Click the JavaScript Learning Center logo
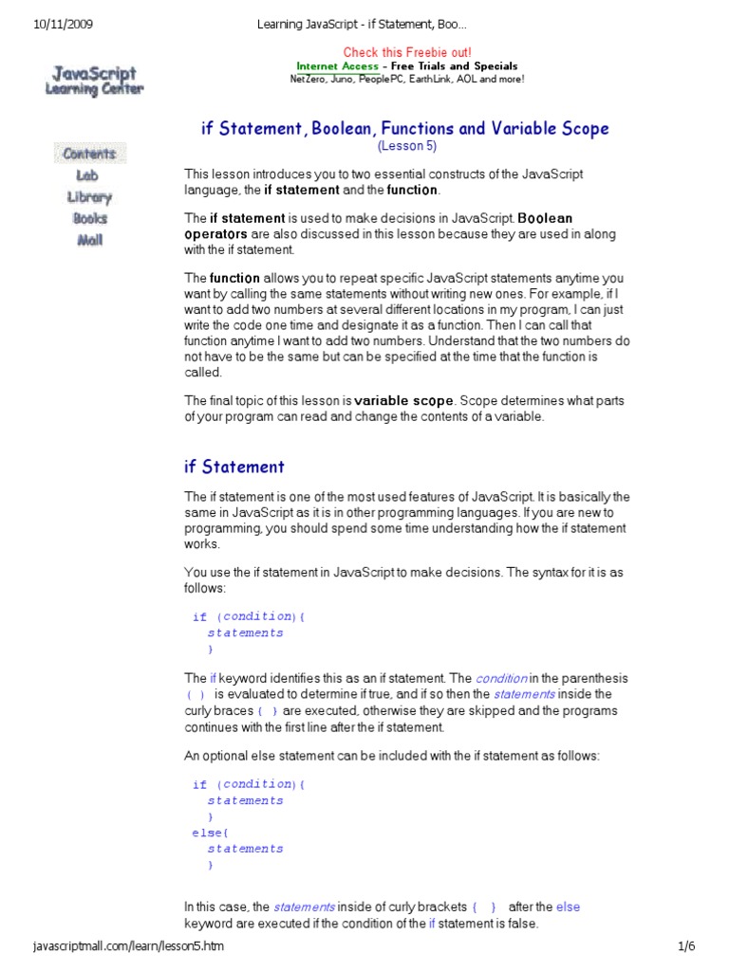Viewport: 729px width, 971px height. [x=93, y=80]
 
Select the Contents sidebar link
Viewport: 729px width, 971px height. [x=89, y=154]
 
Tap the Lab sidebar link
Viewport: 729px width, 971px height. [x=87, y=175]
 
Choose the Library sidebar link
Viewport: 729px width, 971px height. [x=89, y=197]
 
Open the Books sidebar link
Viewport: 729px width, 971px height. [x=89, y=218]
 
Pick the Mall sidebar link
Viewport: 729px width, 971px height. [x=89, y=240]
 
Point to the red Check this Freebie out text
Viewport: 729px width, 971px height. [x=406, y=52]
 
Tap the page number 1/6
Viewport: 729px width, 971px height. [x=687, y=946]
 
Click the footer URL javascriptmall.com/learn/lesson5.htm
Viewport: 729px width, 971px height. [x=128, y=946]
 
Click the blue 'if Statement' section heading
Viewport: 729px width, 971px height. [x=234, y=467]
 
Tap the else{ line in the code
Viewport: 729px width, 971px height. [x=204, y=833]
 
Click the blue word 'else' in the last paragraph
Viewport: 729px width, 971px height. [x=568, y=907]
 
